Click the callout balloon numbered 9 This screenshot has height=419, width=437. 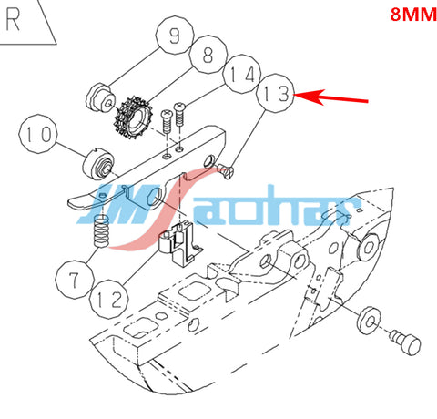(175, 36)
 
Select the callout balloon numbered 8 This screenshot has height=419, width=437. (208, 54)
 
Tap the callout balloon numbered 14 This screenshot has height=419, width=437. (242, 74)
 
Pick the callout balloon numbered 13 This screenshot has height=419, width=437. (275, 93)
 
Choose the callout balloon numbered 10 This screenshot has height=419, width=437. (38, 134)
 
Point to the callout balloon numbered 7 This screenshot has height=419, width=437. (75, 280)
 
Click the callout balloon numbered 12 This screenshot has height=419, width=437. (109, 300)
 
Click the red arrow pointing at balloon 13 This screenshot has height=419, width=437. (331, 97)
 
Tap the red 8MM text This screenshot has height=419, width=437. (413, 14)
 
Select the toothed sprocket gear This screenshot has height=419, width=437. (132, 118)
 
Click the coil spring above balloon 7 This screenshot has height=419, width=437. (101, 230)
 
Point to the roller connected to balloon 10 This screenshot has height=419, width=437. (98, 164)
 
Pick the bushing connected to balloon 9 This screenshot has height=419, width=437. (101, 98)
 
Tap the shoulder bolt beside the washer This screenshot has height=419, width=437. (405, 342)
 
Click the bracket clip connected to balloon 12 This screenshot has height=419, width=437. (180, 243)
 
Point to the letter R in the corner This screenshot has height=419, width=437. (14, 20)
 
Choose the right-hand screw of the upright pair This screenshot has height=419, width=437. (179, 114)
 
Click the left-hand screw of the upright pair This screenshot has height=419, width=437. (167, 121)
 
